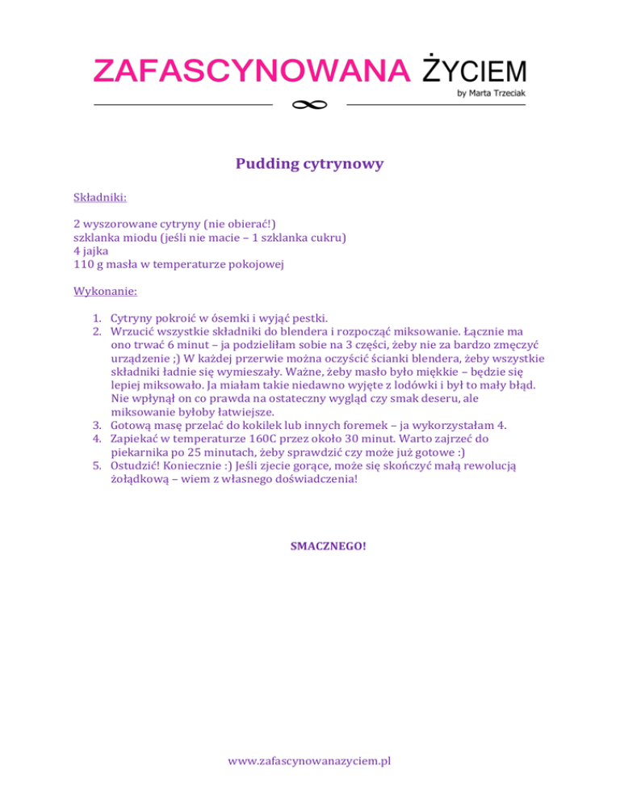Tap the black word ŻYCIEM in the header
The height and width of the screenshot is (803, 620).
coord(475,70)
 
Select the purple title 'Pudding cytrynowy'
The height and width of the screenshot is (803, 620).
coord(309,164)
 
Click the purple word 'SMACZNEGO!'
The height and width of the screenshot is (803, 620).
coord(328,545)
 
